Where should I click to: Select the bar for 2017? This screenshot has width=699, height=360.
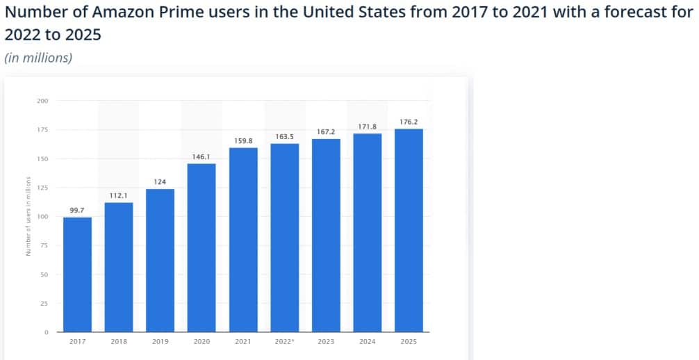click(x=77, y=275)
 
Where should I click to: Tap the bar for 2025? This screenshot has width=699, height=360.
click(x=409, y=230)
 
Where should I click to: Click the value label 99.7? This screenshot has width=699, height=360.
click(x=77, y=209)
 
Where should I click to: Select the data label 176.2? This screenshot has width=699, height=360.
click(x=409, y=122)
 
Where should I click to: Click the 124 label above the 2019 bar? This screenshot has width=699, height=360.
click(x=160, y=181)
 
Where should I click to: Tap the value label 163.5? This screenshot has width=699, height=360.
click(x=284, y=136)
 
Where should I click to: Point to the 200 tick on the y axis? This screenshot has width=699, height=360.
click(x=42, y=101)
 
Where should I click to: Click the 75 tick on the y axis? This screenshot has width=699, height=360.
click(x=44, y=245)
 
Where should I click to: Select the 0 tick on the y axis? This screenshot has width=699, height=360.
click(x=46, y=332)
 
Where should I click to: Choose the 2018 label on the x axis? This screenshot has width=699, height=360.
click(x=118, y=342)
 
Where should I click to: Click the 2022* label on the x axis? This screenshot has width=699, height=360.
click(x=284, y=342)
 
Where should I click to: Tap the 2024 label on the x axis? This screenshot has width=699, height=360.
click(x=367, y=342)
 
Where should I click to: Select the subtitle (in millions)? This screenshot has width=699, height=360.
click(x=38, y=58)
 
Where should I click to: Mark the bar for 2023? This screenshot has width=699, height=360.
click(x=326, y=236)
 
